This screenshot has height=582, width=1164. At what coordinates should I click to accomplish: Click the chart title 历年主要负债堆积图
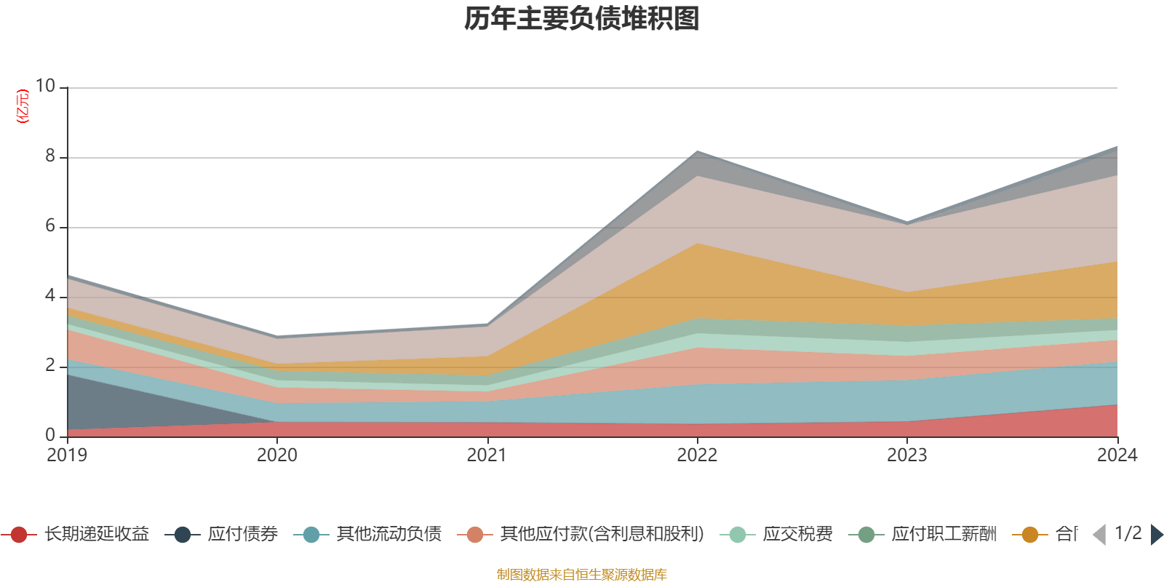pyautogui.click(x=582, y=20)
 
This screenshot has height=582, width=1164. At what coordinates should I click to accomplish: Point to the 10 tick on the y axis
pyautogui.click(x=45, y=87)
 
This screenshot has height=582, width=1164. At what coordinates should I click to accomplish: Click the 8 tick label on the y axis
pyautogui.click(x=49, y=156)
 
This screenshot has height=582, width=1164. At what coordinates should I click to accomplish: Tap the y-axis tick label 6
pyautogui.click(x=49, y=226)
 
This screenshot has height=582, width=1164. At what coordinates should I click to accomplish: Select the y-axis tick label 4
pyautogui.click(x=49, y=296)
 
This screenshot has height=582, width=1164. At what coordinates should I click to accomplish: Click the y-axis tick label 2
pyautogui.click(x=49, y=366)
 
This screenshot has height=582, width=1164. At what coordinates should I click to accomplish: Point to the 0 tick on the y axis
pyautogui.click(x=49, y=436)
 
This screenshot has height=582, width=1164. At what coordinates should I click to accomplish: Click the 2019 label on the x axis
pyautogui.click(x=67, y=455)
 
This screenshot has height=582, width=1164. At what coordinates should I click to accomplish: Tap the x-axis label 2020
pyautogui.click(x=277, y=455)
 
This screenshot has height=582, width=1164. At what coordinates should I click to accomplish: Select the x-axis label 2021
pyautogui.click(x=487, y=455)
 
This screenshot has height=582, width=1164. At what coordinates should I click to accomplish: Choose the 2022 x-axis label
pyautogui.click(x=697, y=455)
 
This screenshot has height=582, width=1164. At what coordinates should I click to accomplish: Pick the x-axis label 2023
pyautogui.click(x=906, y=455)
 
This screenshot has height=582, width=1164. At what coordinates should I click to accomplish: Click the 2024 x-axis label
pyautogui.click(x=1116, y=455)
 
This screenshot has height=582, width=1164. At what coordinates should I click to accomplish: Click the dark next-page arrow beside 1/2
pyautogui.click(x=1156, y=535)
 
